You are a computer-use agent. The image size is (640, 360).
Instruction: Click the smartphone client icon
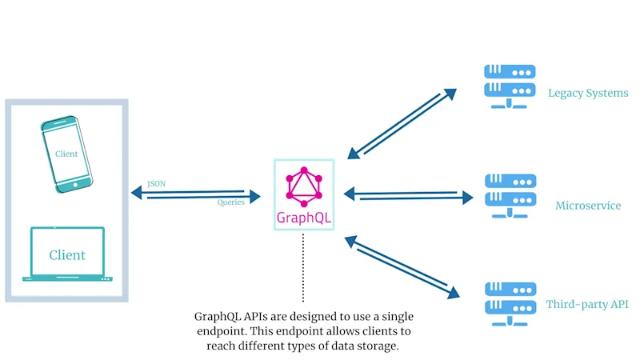[x=67, y=154]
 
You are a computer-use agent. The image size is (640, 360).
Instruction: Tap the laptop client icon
[x=67, y=254]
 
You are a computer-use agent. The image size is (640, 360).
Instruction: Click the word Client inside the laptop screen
[x=67, y=255]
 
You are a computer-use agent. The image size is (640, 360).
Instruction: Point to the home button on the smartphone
[x=77, y=184]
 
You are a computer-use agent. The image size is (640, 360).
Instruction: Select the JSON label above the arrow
[x=157, y=184]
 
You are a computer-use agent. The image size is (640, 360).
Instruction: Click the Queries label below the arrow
[x=231, y=203]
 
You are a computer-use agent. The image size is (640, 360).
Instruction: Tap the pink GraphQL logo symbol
[x=303, y=186]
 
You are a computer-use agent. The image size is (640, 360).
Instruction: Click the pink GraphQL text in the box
[x=303, y=218]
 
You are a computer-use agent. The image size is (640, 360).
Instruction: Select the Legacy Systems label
[x=588, y=93]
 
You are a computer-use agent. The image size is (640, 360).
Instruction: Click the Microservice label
[x=588, y=206]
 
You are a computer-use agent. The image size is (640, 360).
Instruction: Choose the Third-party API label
[x=587, y=305]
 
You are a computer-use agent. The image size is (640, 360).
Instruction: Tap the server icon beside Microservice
[x=510, y=196]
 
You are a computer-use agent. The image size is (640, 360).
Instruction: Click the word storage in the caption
[x=378, y=346]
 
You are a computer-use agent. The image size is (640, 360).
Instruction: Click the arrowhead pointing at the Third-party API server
[x=453, y=293]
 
